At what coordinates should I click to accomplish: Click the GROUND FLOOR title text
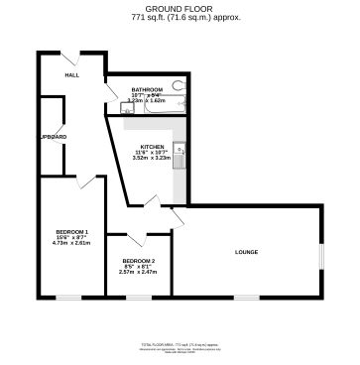pyautogui.click(x=179, y=8)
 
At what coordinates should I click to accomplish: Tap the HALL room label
pyautogui.click(x=72, y=75)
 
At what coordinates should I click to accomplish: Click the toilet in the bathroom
pyautogui.click(x=179, y=85)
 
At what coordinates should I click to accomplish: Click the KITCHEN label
pyautogui.click(x=152, y=146)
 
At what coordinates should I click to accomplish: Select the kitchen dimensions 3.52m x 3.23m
pyautogui.click(x=152, y=157)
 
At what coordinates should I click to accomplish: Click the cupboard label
pyautogui.click(x=53, y=136)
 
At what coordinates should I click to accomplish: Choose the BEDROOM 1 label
pyautogui.click(x=71, y=231)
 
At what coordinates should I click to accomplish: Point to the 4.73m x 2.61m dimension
pyautogui.click(x=71, y=243)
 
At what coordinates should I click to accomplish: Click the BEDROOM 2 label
pyautogui.click(x=139, y=260)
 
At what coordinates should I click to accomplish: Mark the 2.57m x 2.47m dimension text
pyautogui.click(x=139, y=272)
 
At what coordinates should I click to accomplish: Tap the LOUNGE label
pyautogui.click(x=247, y=252)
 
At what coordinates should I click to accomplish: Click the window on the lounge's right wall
pyautogui.click(x=321, y=253)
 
